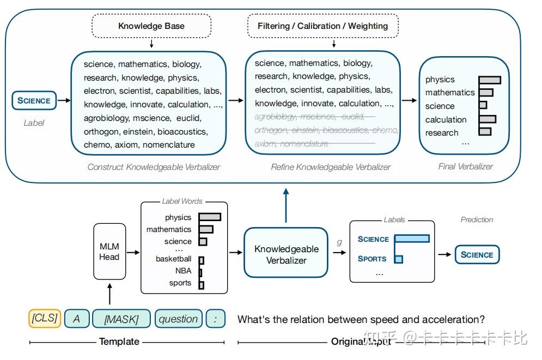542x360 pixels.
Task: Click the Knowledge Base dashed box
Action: pyautogui.click(x=151, y=26)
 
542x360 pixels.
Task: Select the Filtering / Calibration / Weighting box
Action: pyautogui.click(x=322, y=26)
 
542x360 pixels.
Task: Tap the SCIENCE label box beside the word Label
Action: pyautogui.click(x=34, y=100)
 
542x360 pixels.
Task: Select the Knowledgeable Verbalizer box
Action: pyautogui.click(x=287, y=254)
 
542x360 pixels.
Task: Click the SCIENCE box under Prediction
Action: pyautogui.click(x=477, y=254)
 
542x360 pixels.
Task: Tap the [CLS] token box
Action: pyautogui.click(x=44, y=318)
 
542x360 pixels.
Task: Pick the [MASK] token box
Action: pyautogui.click(x=121, y=319)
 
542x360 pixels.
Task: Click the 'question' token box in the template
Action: pyautogui.click(x=178, y=319)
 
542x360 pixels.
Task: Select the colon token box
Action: pyautogui.click(x=216, y=319)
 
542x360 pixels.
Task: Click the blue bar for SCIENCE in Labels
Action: pyautogui.click(x=412, y=239)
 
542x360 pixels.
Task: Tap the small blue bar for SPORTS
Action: pyautogui.click(x=398, y=259)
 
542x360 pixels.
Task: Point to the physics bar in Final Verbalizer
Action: pyautogui.click(x=489, y=80)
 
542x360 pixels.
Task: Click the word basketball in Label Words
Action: pyautogui.click(x=173, y=259)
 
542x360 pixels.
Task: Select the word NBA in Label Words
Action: pyautogui.click(x=183, y=271)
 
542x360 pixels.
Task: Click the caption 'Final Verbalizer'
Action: pyautogui.click(x=465, y=167)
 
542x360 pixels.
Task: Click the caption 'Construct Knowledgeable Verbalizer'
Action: pyautogui.click(x=154, y=167)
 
